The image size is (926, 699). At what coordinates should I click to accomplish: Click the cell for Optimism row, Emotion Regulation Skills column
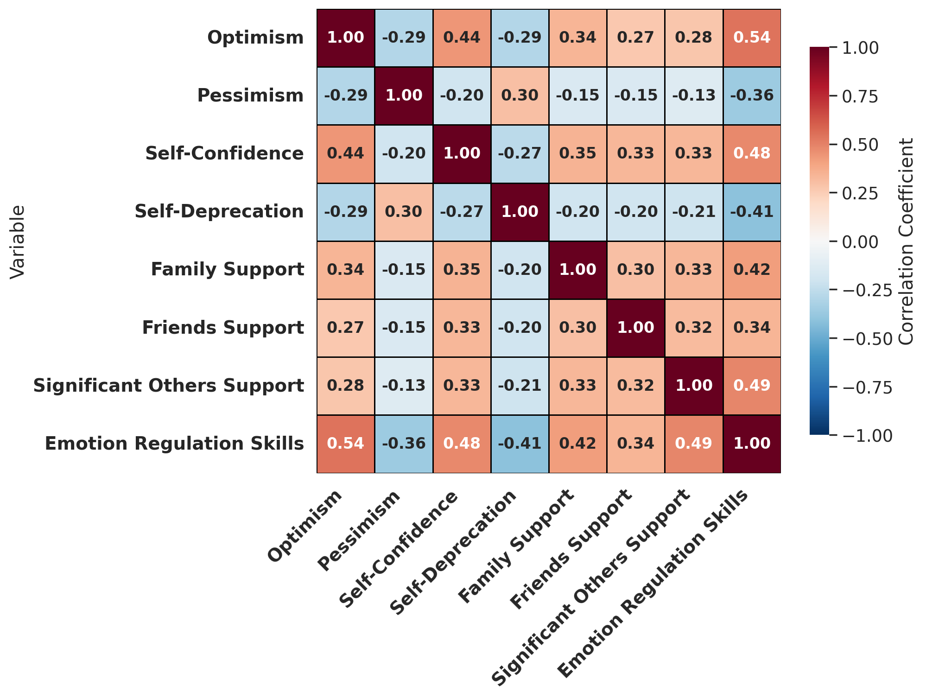[752, 38]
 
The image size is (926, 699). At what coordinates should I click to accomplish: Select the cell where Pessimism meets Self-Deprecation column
[520, 96]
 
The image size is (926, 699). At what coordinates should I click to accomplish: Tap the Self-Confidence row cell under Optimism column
[346, 154]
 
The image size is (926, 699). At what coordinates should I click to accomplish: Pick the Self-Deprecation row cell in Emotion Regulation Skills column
[752, 212]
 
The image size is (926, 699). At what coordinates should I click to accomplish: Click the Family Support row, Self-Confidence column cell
[462, 270]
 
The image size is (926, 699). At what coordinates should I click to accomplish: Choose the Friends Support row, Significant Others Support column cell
[694, 328]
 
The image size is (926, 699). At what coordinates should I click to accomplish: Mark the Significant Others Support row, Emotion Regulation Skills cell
[752, 386]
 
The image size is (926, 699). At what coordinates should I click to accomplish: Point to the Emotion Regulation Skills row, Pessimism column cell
[404, 444]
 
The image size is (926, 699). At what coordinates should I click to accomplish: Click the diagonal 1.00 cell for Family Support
[578, 270]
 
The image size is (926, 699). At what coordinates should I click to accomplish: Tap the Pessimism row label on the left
[250, 96]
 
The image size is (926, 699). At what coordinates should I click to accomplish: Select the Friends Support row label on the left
[223, 328]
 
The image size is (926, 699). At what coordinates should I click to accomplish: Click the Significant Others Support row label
[169, 386]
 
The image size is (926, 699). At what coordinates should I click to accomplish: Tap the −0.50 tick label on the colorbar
[867, 338]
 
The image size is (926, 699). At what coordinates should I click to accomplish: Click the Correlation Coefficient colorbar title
[906, 241]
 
